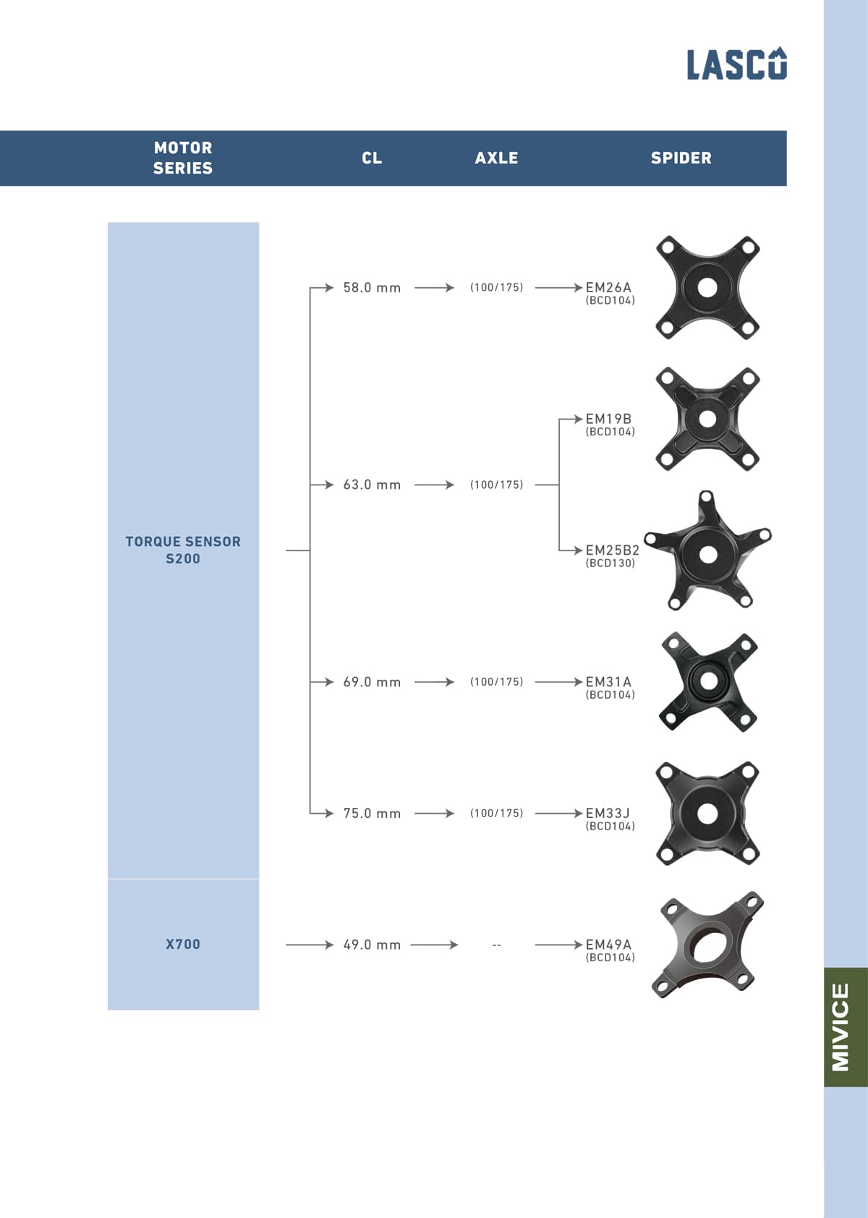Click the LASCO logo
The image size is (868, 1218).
coord(736,64)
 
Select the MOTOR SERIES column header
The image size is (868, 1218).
coord(183,158)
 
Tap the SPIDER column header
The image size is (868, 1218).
coord(681,158)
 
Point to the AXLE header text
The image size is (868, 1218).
coord(496,158)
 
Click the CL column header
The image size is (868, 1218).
coord(372,158)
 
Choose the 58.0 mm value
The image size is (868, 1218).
coord(372,288)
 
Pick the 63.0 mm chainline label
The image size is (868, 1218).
coord(372,485)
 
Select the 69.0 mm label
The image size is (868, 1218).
coord(372,682)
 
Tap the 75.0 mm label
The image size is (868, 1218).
coord(372,814)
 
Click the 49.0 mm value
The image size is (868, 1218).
coord(372,945)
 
